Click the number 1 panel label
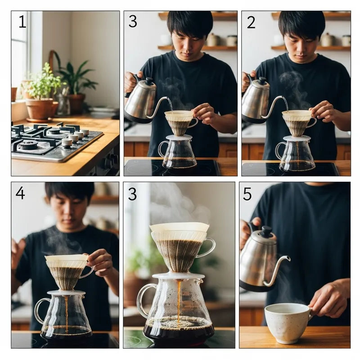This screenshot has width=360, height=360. (x=22, y=22)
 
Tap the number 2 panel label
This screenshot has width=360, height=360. (x=251, y=22)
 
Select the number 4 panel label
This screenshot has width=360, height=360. (x=20, y=193)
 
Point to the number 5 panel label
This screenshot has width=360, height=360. (x=247, y=193)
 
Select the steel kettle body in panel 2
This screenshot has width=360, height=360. (x=256, y=101)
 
